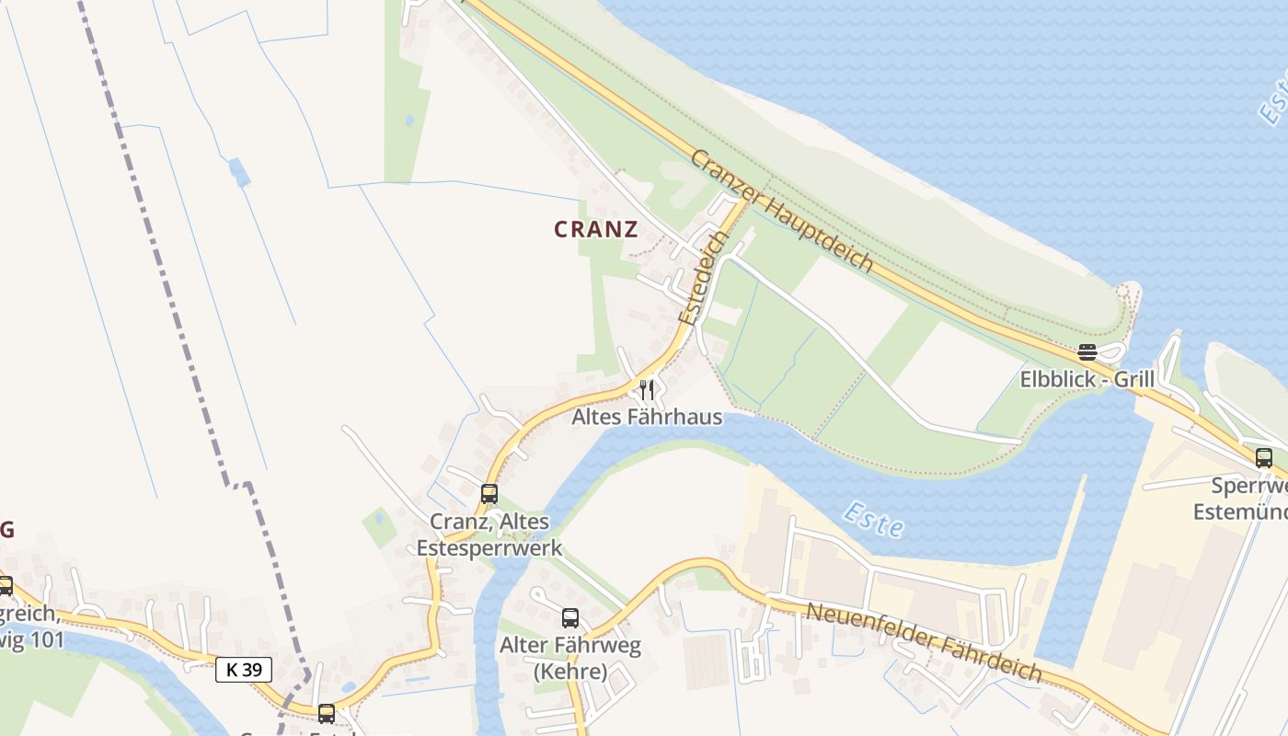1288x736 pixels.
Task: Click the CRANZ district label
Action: [x=596, y=230]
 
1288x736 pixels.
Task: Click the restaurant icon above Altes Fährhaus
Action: [x=647, y=390]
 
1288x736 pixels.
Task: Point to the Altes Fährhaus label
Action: [x=647, y=417]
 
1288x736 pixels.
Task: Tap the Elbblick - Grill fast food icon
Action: [x=1087, y=352]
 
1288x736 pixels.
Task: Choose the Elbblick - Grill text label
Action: [x=1087, y=379]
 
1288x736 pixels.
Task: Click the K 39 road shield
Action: [x=244, y=670]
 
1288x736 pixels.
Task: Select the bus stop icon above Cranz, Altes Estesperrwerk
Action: [x=489, y=493]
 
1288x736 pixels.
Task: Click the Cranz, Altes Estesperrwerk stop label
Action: [x=489, y=535]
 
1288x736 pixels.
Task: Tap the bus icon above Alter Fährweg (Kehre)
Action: [x=570, y=618]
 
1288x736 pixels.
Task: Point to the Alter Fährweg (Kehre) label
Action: [x=570, y=659]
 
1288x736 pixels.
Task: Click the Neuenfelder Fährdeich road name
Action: [x=925, y=642]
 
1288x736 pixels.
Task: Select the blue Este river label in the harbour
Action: [x=873, y=520]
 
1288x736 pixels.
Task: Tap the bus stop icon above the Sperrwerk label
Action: [x=1264, y=457]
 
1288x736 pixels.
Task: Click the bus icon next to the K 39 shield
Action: [x=327, y=713]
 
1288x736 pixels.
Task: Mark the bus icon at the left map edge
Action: [x=5, y=585]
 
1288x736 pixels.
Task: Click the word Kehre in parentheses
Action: [x=570, y=672]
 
